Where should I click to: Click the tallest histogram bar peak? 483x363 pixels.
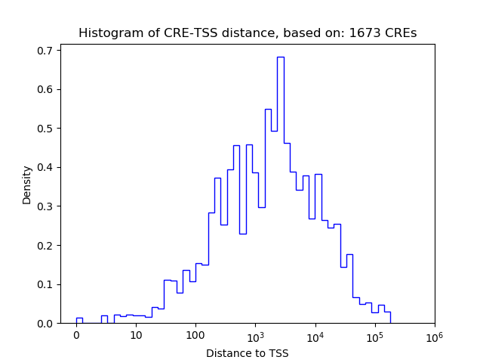point(280,57)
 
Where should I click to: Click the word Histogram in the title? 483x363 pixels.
point(106,33)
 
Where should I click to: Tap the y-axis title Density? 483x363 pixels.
point(27,185)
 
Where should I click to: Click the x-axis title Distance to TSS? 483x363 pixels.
point(247,352)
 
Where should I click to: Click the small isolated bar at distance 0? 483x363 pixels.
point(79,320)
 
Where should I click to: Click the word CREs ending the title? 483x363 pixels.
point(400,33)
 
